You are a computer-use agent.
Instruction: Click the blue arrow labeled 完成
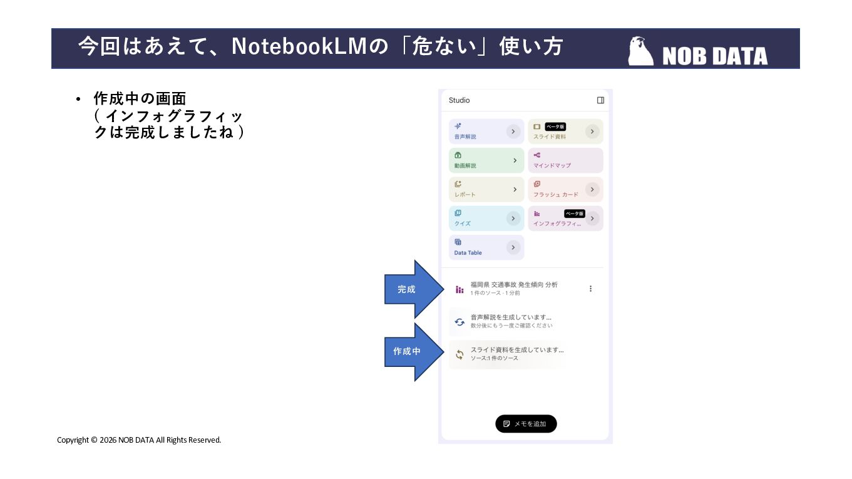[410, 289]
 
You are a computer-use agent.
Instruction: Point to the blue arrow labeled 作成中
[410, 351]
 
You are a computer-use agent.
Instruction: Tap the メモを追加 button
[526, 424]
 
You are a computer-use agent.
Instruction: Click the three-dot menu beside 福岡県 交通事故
[590, 289]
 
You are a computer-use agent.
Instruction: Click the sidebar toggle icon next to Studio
[600, 100]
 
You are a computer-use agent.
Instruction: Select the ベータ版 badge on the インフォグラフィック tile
[574, 214]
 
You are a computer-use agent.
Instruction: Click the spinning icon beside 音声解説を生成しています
[459, 321]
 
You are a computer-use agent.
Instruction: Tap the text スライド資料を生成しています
[517, 350]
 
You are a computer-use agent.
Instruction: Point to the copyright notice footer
[139, 440]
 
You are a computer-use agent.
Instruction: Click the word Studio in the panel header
[459, 100]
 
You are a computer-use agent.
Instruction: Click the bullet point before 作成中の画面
[78, 100]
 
